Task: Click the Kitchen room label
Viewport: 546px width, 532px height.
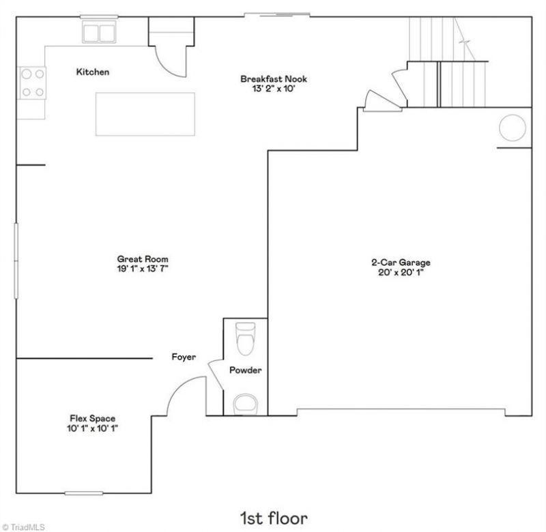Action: tap(93, 72)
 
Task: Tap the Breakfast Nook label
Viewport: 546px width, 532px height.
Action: tap(274, 78)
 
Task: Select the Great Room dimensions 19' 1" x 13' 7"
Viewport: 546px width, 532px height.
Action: tap(143, 269)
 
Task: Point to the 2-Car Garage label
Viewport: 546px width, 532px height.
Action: tap(401, 263)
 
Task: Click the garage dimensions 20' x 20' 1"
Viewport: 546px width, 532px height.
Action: tap(401, 272)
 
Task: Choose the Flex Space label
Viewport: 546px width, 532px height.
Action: tap(93, 418)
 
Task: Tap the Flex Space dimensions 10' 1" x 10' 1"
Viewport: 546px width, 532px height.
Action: tap(93, 428)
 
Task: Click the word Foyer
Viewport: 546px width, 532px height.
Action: tap(184, 357)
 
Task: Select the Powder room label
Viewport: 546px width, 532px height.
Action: tap(245, 370)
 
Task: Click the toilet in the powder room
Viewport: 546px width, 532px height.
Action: tap(246, 338)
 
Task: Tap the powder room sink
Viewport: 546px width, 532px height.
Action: tap(246, 404)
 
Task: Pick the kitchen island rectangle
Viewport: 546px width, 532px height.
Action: tap(145, 114)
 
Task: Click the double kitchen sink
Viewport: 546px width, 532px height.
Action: tap(99, 32)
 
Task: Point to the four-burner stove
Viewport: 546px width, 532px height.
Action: tap(31, 83)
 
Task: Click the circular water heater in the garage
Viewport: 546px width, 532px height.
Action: tap(513, 128)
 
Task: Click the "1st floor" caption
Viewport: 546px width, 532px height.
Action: tap(274, 518)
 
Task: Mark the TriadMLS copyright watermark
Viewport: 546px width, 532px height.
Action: tap(23, 527)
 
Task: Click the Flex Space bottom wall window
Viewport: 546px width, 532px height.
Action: tap(84, 493)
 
